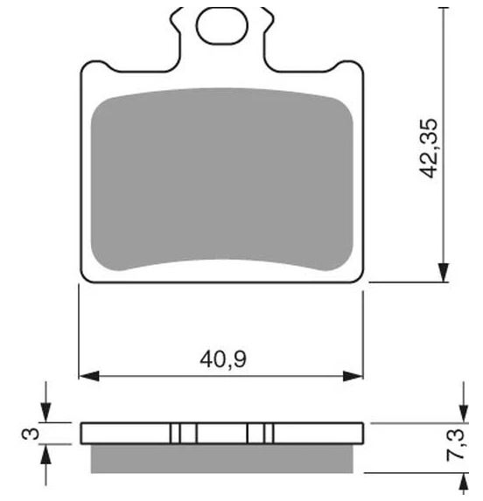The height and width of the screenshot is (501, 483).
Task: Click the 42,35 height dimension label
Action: (x=429, y=149)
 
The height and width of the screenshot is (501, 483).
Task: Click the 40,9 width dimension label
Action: (x=223, y=359)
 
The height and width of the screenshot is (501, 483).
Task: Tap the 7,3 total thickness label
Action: (x=455, y=445)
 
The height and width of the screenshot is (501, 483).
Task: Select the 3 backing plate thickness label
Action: (x=31, y=434)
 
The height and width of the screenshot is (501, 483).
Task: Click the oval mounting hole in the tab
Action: (x=222, y=26)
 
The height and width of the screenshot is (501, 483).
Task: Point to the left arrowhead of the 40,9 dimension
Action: (x=89, y=376)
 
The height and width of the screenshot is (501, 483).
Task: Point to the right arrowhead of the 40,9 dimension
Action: (x=353, y=376)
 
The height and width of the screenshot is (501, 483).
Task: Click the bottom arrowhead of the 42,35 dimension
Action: (x=444, y=273)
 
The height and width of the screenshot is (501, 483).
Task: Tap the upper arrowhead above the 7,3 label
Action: (x=464, y=414)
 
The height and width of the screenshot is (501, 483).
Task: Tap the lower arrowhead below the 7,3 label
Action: (x=464, y=483)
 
